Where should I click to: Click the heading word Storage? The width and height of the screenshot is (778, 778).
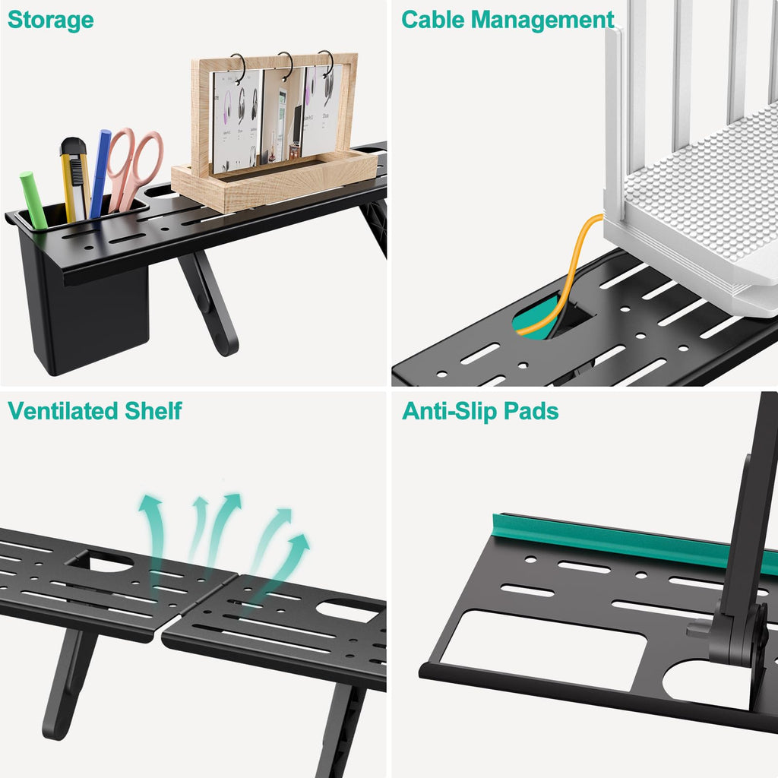click(51, 20)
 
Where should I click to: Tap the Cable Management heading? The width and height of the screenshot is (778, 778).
click(508, 20)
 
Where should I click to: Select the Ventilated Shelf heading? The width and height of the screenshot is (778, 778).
click(95, 411)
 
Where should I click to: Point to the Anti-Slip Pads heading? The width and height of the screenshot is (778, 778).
click(480, 411)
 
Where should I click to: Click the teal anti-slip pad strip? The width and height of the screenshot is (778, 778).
click(631, 541)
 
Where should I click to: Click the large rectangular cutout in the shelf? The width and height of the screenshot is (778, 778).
click(542, 650)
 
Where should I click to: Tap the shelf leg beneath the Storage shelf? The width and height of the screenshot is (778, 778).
click(209, 304)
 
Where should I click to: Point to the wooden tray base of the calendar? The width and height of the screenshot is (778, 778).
click(274, 182)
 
